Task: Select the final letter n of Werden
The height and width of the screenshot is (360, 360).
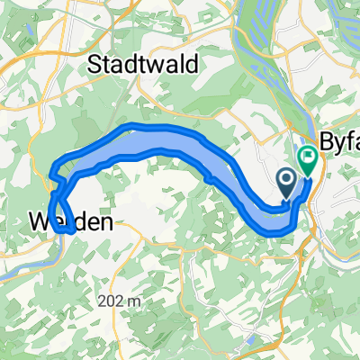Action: point(108,220)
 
